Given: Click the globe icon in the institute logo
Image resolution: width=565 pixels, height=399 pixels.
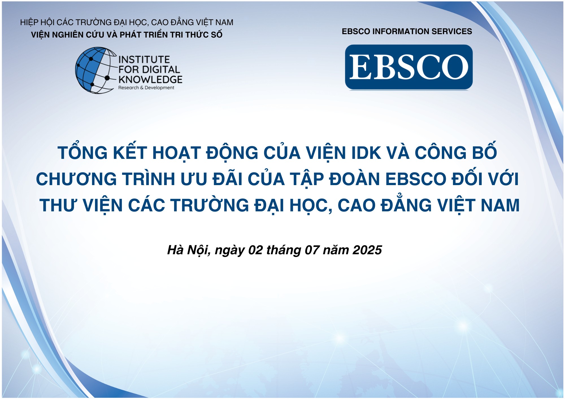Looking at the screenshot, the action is tap(95, 70).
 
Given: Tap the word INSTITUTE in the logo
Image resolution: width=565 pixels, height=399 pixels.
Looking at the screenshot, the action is tap(144, 60).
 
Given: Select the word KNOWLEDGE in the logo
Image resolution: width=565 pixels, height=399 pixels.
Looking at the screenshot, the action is tap(150, 79).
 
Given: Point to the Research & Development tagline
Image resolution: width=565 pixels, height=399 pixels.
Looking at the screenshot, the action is tap(146, 88).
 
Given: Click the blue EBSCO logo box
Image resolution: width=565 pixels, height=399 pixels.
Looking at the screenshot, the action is tap(409, 67).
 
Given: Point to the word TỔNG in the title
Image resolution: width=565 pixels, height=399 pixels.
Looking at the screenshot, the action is tap(83, 153).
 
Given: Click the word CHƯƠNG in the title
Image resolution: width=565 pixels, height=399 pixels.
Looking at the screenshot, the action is tap(76, 179).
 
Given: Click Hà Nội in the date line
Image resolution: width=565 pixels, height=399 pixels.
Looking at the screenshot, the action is tap(188, 250).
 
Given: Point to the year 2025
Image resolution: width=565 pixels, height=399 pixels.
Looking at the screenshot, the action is tap(367, 250).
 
